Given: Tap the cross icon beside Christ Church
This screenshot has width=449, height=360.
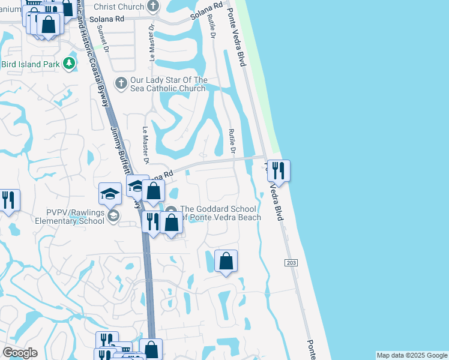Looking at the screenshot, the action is pyautogui.click(x=153, y=7).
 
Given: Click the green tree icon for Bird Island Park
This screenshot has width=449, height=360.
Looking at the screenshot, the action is pyautogui.click(x=70, y=63).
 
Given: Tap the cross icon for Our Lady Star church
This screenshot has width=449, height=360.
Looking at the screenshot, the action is pyautogui.click(x=121, y=82).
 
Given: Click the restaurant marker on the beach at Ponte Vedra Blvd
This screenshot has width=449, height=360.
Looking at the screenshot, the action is pyautogui.click(x=279, y=170).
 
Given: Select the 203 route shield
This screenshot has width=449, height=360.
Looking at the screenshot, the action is pyautogui.click(x=291, y=263).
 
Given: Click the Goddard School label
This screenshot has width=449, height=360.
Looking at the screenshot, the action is pyautogui.click(x=220, y=213).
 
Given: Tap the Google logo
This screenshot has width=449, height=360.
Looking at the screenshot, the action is pyautogui.click(x=20, y=353).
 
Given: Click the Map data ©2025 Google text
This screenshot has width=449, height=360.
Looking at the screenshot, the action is pyautogui.click(x=411, y=355).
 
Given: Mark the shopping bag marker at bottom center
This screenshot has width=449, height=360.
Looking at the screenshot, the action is pyautogui.click(x=151, y=349).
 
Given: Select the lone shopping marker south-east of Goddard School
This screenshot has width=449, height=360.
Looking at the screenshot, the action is pyautogui.click(x=226, y=260).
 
